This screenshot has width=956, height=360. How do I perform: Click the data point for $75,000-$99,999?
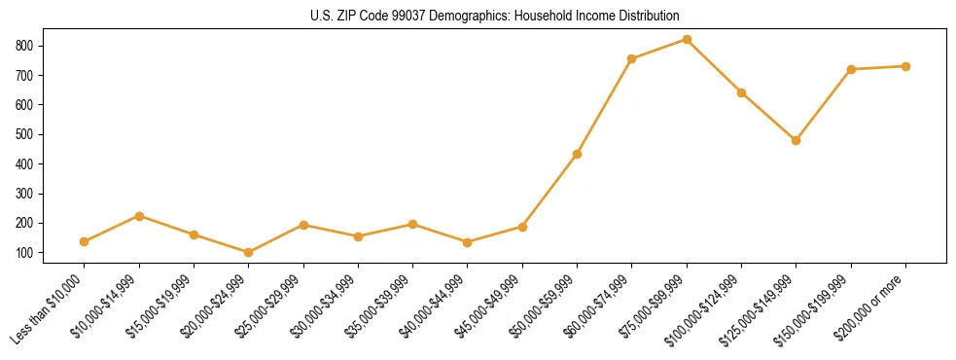coord(687,40)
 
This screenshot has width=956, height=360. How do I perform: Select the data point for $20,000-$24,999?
coord(249,252)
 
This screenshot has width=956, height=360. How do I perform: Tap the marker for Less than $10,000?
coord(85,241)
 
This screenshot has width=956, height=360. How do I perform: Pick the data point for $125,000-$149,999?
coord(797,140)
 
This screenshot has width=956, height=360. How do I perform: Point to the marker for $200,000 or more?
coord(905,66)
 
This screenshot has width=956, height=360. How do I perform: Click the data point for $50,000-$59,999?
coord(578,154)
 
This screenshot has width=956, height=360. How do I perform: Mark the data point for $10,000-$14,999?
coord(140,216)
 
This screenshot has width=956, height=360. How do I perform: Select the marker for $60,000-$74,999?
coord(632,59)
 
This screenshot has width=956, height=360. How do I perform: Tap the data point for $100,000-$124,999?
coord(741,92)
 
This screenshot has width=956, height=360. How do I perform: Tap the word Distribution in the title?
coord(646,17)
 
